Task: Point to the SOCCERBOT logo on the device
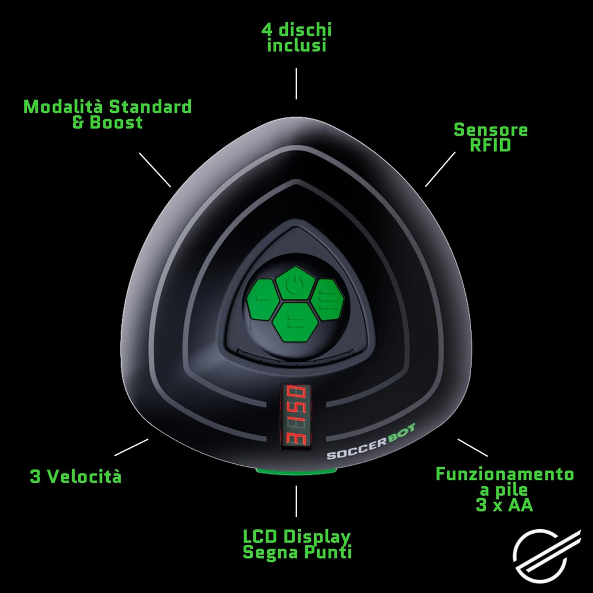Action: [371, 442]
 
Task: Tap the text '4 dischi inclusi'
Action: [296, 38]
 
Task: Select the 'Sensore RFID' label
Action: [491, 138]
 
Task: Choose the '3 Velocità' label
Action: [76, 476]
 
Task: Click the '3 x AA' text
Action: [504, 505]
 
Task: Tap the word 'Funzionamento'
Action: [504, 474]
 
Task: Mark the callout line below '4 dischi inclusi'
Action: [296, 83]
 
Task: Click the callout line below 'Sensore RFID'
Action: [440, 169]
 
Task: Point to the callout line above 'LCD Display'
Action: [296, 501]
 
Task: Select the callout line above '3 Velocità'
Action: [131, 447]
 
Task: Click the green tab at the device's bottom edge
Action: [296, 470]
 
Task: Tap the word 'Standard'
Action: [150, 107]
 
